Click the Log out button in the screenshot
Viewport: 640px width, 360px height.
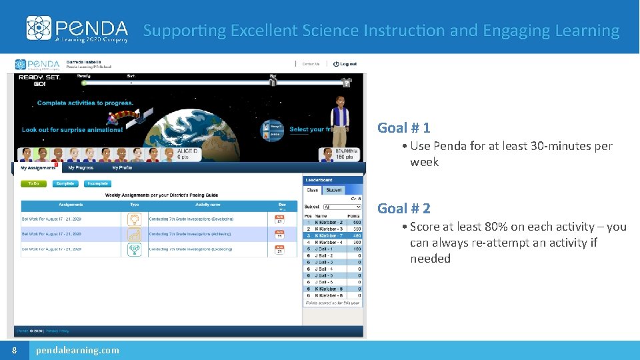click(x=345, y=64)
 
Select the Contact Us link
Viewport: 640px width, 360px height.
click(x=311, y=64)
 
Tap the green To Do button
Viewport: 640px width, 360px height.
click(x=33, y=183)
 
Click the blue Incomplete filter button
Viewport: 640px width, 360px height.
click(x=97, y=183)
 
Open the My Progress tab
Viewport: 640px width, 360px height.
click(x=81, y=168)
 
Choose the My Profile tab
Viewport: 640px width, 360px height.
click(x=122, y=168)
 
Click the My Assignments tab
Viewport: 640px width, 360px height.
click(x=38, y=168)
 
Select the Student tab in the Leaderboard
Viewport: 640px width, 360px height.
click(x=334, y=190)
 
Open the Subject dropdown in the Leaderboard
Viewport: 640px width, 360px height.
click(x=336, y=207)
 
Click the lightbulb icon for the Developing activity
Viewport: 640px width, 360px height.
click(x=134, y=219)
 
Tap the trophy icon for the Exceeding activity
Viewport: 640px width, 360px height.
click(x=134, y=249)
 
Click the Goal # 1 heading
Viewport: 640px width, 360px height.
click(x=403, y=127)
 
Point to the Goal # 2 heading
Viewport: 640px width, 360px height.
click(x=403, y=208)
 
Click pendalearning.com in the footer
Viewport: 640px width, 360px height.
click(x=77, y=350)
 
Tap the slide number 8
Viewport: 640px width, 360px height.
click(x=14, y=350)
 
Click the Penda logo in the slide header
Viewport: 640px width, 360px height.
click(x=77, y=29)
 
